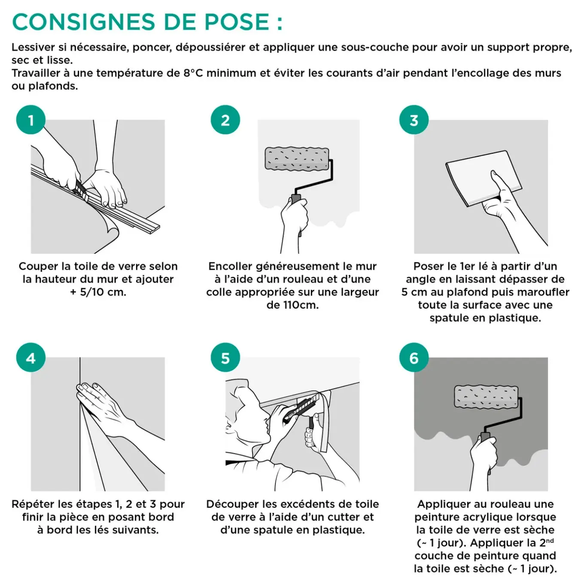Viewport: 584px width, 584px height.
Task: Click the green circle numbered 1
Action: click(31, 120)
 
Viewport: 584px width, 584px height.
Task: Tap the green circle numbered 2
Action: click(225, 120)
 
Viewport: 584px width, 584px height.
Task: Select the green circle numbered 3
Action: click(414, 120)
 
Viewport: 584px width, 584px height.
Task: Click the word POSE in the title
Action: click(237, 22)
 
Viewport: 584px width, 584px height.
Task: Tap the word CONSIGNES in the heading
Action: click(84, 22)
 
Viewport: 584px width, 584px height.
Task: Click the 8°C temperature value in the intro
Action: click(193, 73)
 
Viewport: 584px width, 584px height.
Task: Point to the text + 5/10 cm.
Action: click(98, 292)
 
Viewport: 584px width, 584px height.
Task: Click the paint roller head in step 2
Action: click(297, 158)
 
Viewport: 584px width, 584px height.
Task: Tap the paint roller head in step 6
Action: click(487, 396)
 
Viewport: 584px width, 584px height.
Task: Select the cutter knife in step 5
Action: click(300, 408)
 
